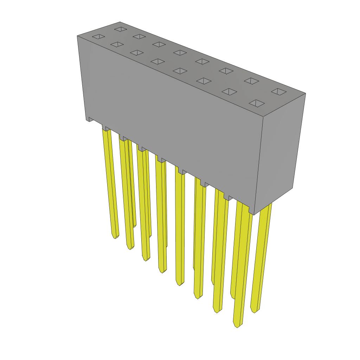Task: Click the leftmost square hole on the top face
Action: pyautogui.click(x=98, y=37)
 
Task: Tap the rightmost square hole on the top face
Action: pyautogui.click(x=279, y=92)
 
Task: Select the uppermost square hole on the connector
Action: pyautogui.click(x=121, y=29)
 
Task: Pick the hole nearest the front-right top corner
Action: pyautogui.click(x=257, y=103)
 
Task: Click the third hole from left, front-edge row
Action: pyautogui.click(x=137, y=53)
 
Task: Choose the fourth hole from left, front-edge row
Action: pyautogui.click(x=158, y=62)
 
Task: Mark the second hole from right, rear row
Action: pyautogui.click(x=251, y=81)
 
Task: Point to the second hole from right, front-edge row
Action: pyautogui.click(x=229, y=92)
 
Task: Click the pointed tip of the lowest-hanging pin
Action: pyautogui.click(x=237, y=326)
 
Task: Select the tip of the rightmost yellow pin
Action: pyautogui.click(x=254, y=311)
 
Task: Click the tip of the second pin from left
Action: pyautogui.click(x=130, y=248)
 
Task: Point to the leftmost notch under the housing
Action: pyautogui.click(x=91, y=120)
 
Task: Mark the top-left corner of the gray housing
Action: pyautogui.click(x=77, y=36)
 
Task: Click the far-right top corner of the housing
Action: pyautogui.click(x=306, y=93)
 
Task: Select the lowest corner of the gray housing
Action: pyautogui.click(x=253, y=215)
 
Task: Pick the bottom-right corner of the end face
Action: pyautogui.click(x=292, y=188)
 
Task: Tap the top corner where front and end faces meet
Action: pyautogui.click(x=263, y=116)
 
